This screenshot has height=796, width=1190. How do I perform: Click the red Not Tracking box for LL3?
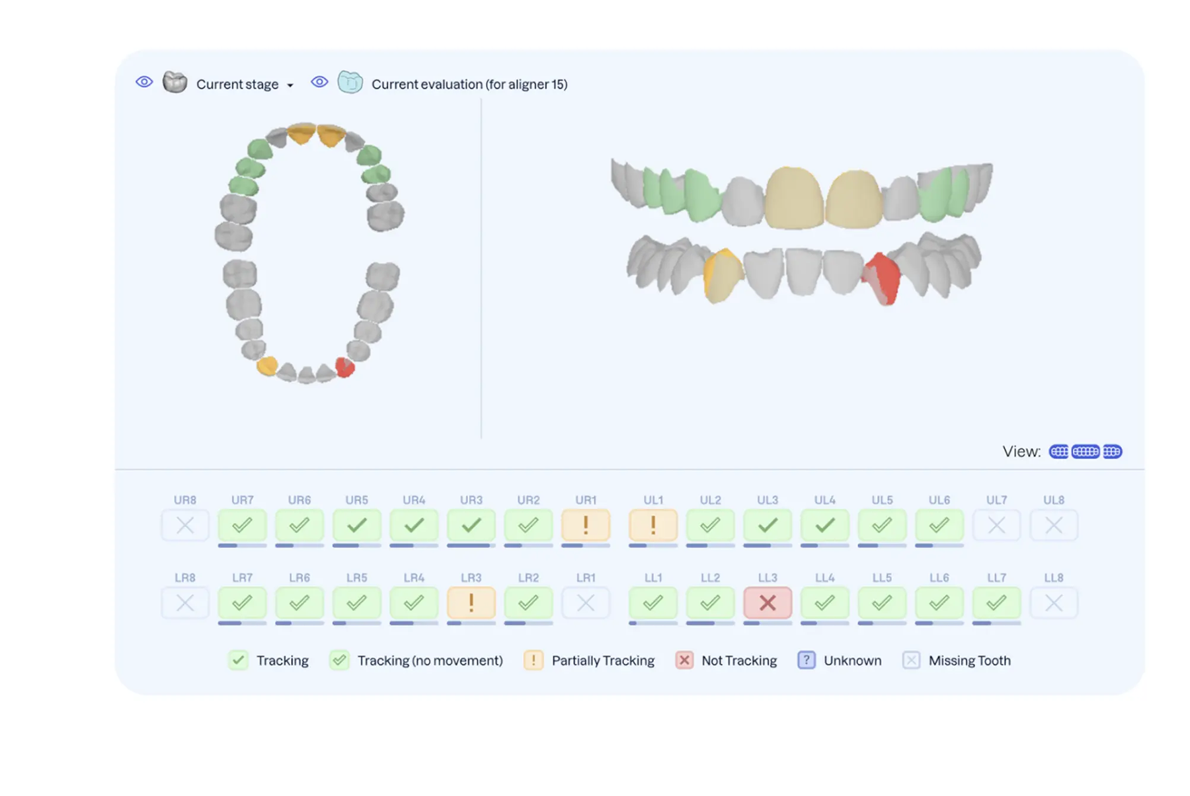(x=768, y=603)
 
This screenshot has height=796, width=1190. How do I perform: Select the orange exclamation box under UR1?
(x=586, y=526)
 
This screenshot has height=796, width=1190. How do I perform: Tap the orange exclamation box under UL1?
(x=653, y=526)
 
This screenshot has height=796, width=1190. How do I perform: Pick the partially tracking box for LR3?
(x=471, y=603)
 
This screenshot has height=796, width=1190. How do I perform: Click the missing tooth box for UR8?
(x=185, y=526)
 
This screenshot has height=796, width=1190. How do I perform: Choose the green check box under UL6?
(x=939, y=526)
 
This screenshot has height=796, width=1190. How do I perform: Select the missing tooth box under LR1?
(x=586, y=603)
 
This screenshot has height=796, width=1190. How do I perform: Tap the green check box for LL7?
(x=996, y=603)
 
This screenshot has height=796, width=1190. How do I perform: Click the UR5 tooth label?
(x=356, y=500)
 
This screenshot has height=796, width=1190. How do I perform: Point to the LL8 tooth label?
(x=1054, y=578)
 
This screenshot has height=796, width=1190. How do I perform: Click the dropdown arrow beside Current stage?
(x=290, y=85)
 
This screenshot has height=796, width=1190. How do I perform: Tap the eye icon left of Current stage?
(x=144, y=82)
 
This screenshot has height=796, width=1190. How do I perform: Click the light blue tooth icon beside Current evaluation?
(x=350, y=83)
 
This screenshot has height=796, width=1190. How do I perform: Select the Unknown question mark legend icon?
(x=806, y=660)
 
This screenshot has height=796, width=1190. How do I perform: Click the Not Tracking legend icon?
(x=684, y=660)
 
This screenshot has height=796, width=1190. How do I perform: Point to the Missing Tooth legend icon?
(x=911, y=660)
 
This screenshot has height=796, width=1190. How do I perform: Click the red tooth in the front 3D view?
(x=884, y=278)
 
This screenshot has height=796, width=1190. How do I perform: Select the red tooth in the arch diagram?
(x=344, y=367)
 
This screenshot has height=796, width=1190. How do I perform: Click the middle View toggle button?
(x=1085, y=452)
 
